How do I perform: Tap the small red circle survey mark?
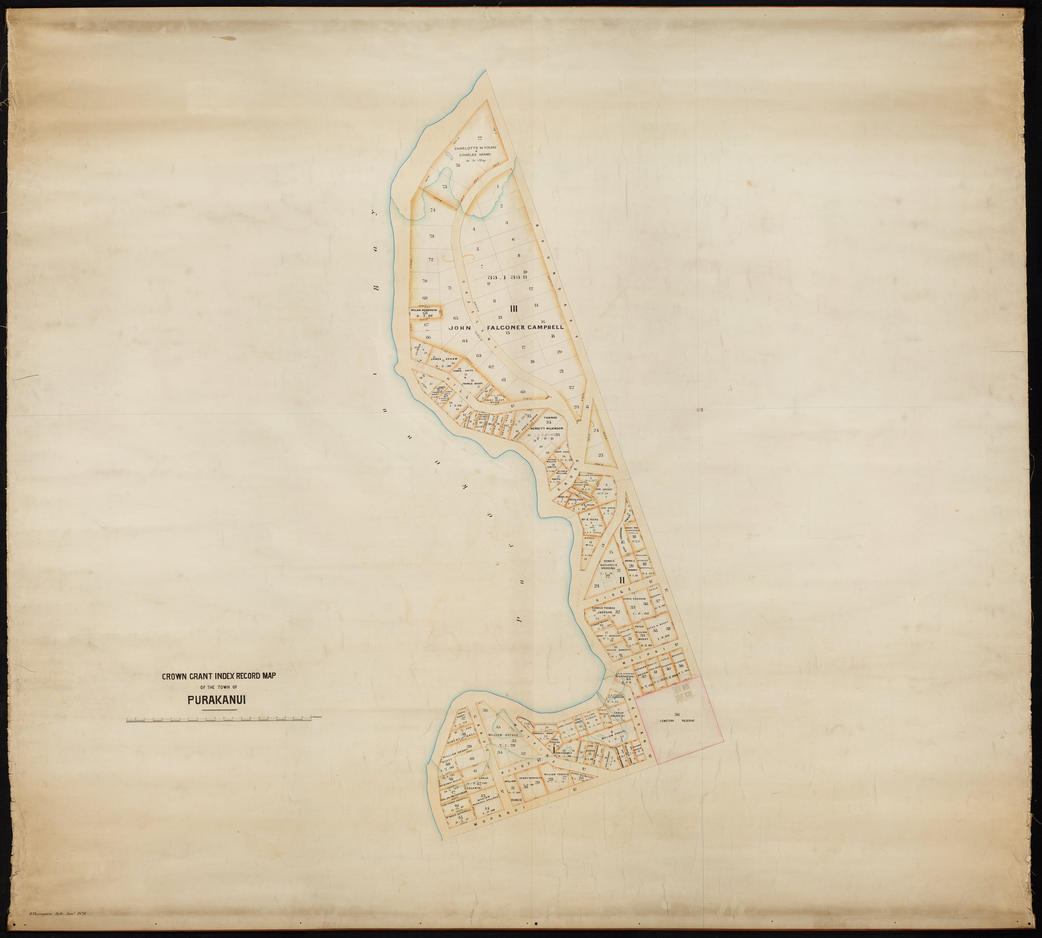point(698,410)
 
